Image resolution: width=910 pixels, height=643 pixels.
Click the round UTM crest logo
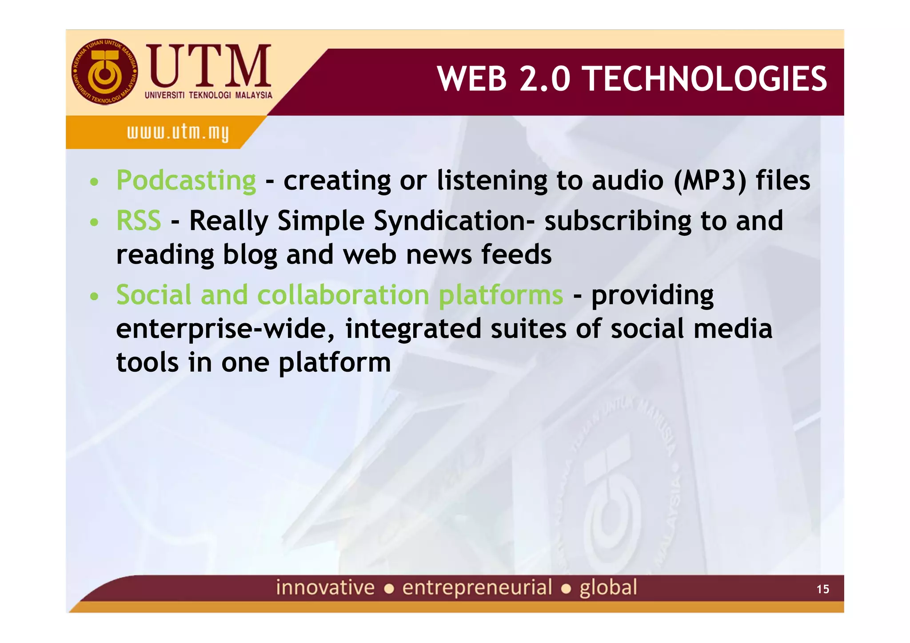tap(105, 72)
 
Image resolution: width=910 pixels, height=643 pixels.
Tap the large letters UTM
tap(209, 66)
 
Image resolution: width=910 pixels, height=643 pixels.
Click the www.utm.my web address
tap(178, 132)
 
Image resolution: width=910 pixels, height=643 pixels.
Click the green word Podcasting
tap(186, 181)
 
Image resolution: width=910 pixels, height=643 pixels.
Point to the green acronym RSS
tap(139, 221)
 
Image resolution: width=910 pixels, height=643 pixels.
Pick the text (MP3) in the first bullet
tap(710, 181)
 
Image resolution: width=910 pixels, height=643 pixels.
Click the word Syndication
tap(450, 221)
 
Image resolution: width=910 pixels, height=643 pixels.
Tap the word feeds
tap(516, 254)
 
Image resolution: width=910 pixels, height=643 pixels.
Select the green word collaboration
tap(343, 295)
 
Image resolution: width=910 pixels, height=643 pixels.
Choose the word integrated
tap(413, 329)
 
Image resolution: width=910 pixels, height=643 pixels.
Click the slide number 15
tap(822, 589)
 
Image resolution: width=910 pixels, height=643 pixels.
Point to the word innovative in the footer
tap(325, 587)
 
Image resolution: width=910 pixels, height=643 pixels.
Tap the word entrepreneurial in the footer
tap(477, 587)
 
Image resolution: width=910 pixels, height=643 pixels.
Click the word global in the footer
tap(608, 587)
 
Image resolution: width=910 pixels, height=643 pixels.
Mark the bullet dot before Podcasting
tap(94, 182)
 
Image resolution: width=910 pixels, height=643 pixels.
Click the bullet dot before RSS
tap(94, 222)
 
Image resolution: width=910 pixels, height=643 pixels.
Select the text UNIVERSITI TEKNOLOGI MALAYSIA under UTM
tap(208, 95)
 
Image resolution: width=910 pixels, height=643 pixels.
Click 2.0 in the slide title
tap(544, 79)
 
